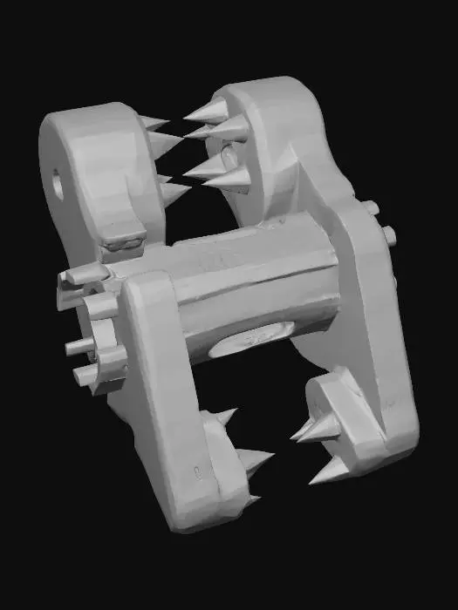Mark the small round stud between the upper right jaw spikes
coord(228,157)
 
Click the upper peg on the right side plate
coord(370,208)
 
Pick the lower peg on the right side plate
coord(388,234)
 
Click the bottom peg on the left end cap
coord(85,376)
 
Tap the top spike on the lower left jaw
coord(224,417)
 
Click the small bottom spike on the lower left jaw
coord(250,500)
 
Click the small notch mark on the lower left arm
coord(200,473)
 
